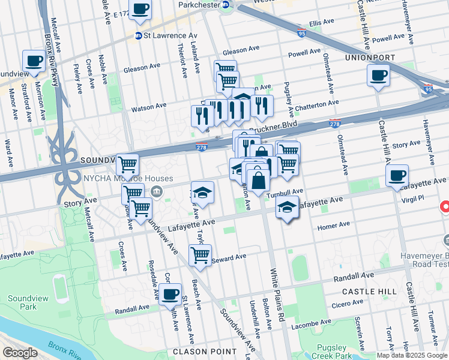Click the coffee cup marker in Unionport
pyautogui.click(x=378, y=76)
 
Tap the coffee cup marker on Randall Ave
pyautogui.click(x=170, y=295)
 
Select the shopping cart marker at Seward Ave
pyautogui.click(x=200, y=255)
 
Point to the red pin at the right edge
pyautogui.click(x=445, y=207)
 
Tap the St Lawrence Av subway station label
pyautogui.click(x=162, y=35)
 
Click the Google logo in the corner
pyautogui.click(x=19, y=353)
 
